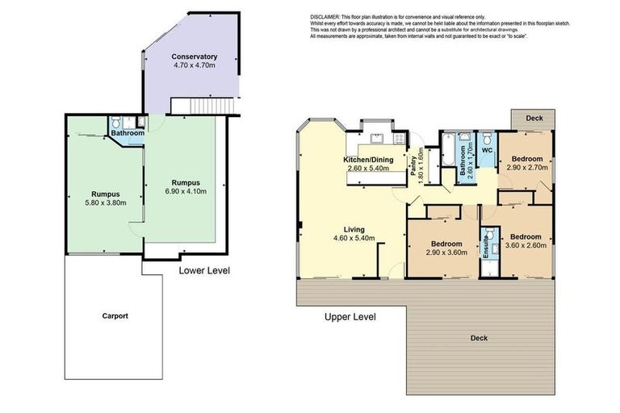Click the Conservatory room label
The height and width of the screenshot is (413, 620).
click(194, 56)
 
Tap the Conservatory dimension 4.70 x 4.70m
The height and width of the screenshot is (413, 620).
click(194, 65)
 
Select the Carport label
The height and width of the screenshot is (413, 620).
click(115, 315)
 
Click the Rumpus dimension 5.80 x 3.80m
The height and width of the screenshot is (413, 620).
click(106, 204)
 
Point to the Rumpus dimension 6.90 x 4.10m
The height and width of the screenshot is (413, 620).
click(186, 191)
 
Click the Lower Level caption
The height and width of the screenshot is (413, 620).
click(204, 271)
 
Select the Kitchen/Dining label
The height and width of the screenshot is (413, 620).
click(368, 160)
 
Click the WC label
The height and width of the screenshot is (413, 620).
click(487, 150)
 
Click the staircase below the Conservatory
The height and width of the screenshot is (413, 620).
click(200, 105)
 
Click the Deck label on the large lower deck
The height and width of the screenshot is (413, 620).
click(480, 338)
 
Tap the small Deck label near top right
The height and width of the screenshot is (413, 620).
click(534, 118)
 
